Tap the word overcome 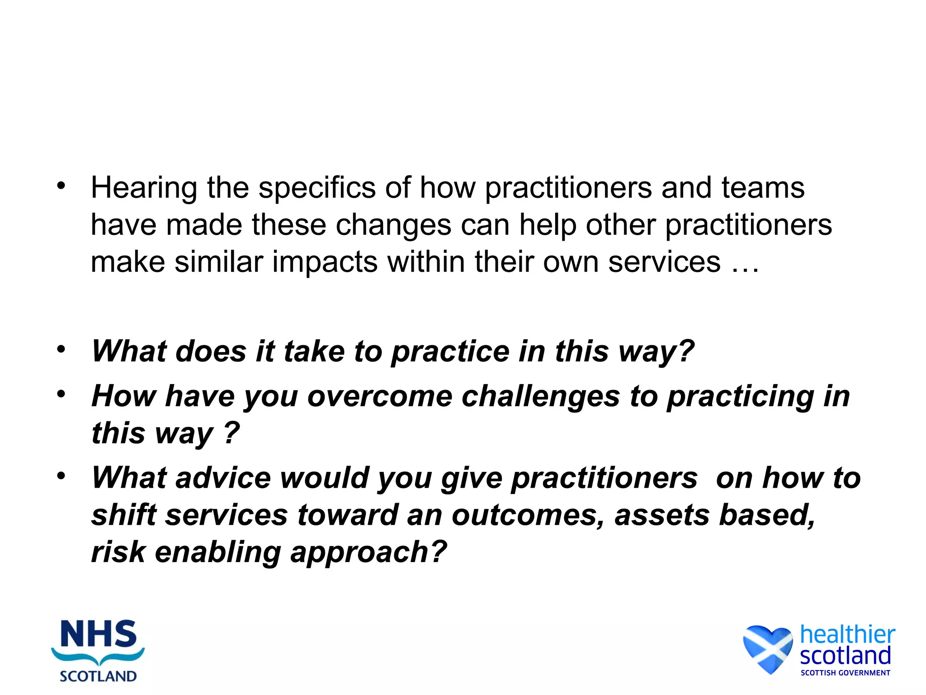380,397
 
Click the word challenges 541,397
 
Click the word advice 223,478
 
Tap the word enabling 217,552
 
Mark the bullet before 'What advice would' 61,476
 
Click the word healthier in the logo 847,634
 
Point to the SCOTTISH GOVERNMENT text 845,673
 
